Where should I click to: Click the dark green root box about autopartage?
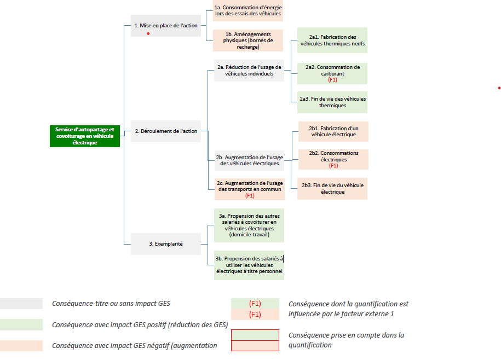(x=85, y=136)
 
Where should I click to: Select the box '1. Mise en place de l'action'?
(x=166, y=26)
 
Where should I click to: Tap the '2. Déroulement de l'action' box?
(x=166, y=131)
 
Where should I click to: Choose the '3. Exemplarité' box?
(x=166, y=244)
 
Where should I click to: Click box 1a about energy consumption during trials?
(x=248, y=10)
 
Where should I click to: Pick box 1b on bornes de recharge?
(x=248, y=40)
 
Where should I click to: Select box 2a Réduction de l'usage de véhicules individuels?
(x=249, y=71)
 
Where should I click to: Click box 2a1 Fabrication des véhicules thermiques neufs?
(x=332, y=40)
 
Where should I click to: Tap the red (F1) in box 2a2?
(x=332, y=80)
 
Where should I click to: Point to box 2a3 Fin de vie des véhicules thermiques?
(x=332, y=102)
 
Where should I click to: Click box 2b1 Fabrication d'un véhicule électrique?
(x=333, y=131)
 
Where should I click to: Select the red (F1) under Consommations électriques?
(x=333, y=166)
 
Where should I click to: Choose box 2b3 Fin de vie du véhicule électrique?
(x=332, y=189)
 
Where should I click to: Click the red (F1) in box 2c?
(x=250, y=196)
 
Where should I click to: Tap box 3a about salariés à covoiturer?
(x=249, y=225)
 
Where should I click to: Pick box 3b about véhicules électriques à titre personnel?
(x=249, y=265)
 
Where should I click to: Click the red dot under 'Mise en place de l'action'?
(x=148, y=33)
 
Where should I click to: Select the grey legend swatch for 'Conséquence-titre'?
(x=21, y=304)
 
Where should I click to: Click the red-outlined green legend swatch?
(x=255, y=335)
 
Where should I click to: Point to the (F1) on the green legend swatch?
(x=255, y=304)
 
